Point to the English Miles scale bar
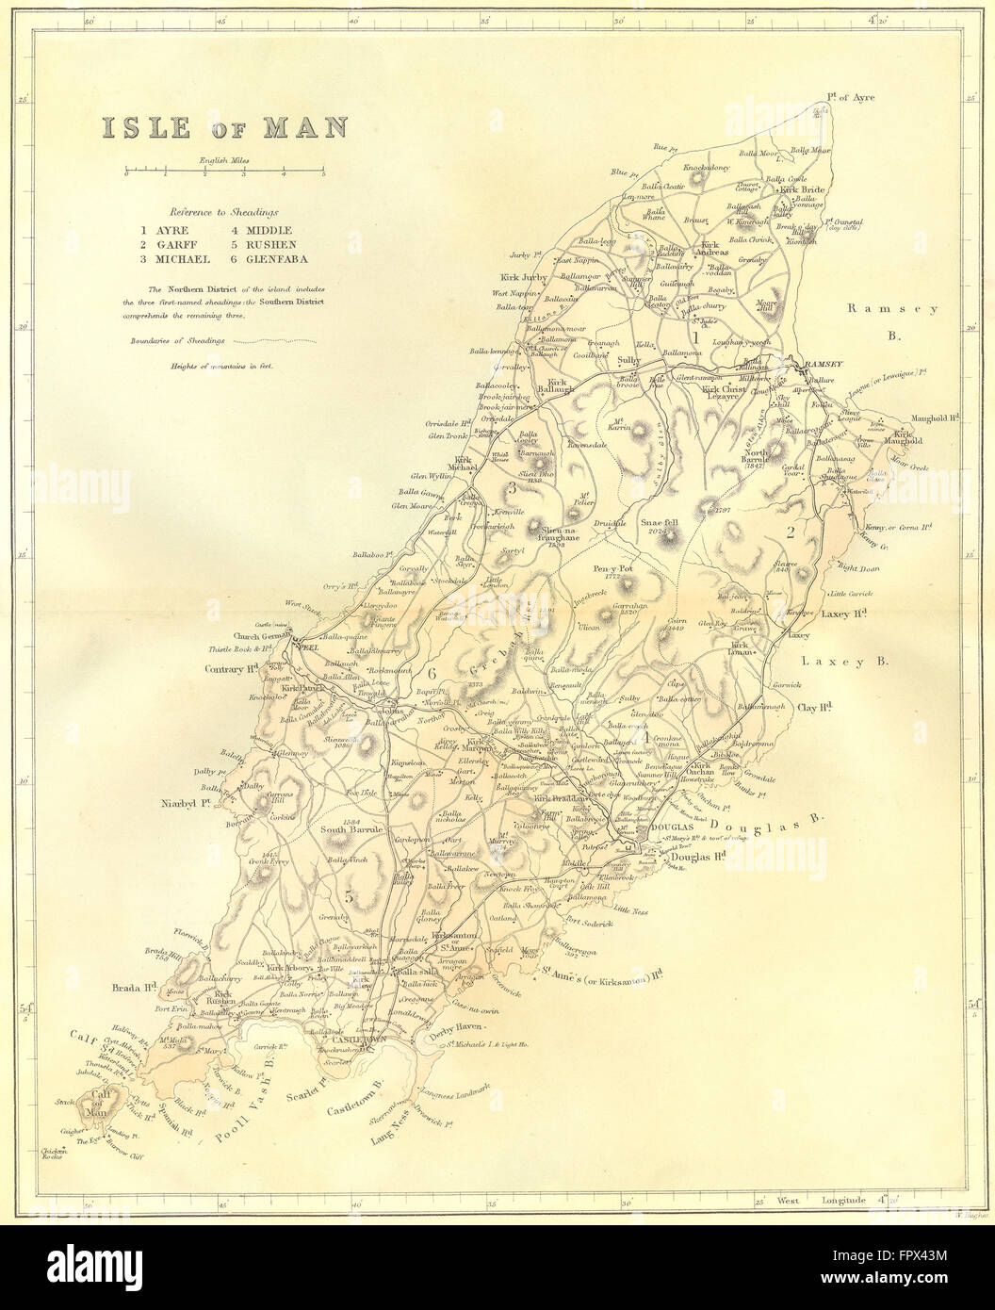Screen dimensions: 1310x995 [223, 172]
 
